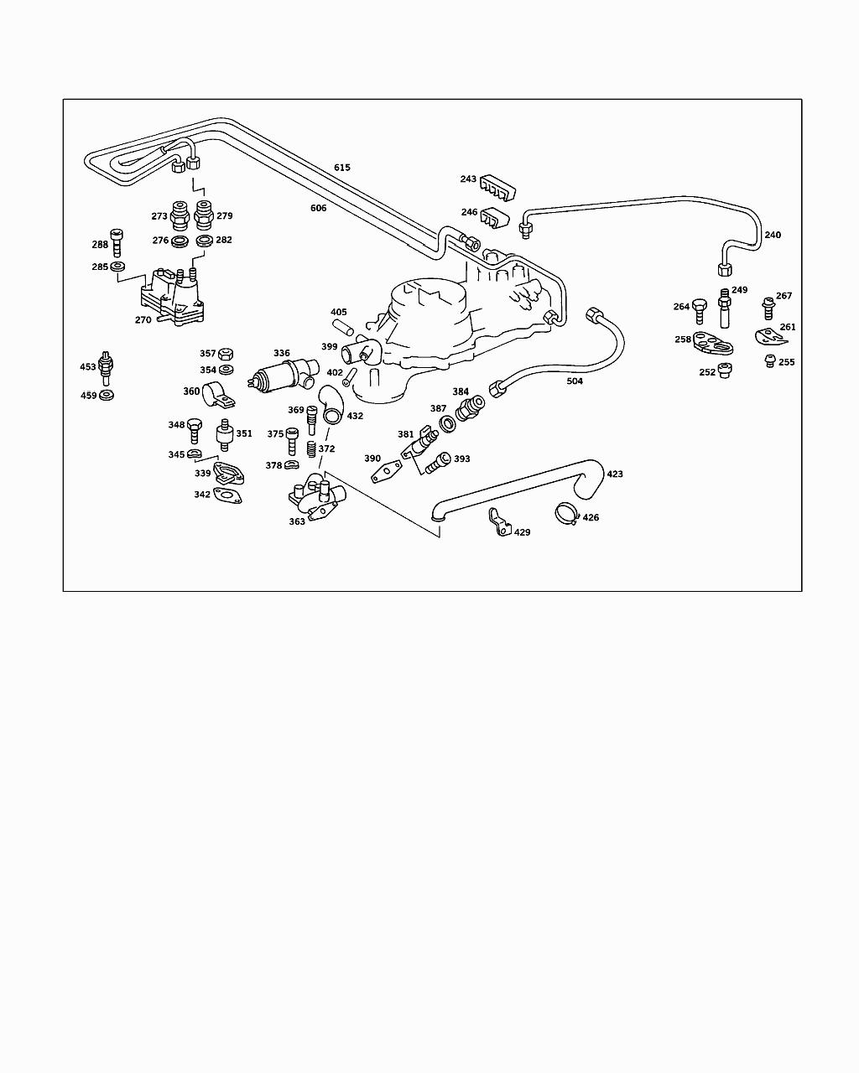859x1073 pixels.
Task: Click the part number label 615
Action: pyautogui.click(x=342, y=168)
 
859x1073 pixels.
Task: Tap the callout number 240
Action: pyautogui.click(x=772, y=236)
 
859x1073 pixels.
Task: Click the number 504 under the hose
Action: pyautogui.click(x=575, y=381)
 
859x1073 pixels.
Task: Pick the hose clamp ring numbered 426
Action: pyautogui.click(x=566, y=513)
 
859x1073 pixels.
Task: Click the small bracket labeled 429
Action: pyautogui.click(x=498, y=523)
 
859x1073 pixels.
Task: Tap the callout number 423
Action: pyautogui.click(x=615, y=474)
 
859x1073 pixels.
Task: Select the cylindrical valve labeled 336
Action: pyautogui.click(x=282, y=376)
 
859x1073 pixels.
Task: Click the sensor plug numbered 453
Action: pyautogui.click(x=105, y=367)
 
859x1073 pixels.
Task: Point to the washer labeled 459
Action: pyautogui.click(x=107, y=395)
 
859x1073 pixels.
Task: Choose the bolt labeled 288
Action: pyautogui.click(x=117, y=243)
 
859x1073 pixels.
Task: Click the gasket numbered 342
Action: pyautogui.click(x=227, y=497)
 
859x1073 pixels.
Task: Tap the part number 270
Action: pyautogui.click(x=143, y=319)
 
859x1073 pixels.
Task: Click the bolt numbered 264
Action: pyautogui.click(x=700, y=311)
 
